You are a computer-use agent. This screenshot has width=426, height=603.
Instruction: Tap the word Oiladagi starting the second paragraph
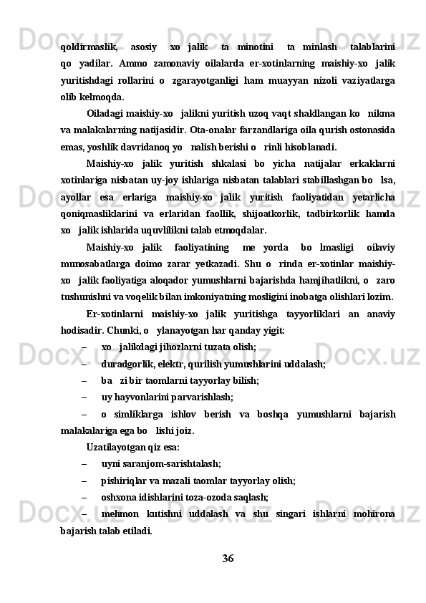tap(108, 114)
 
